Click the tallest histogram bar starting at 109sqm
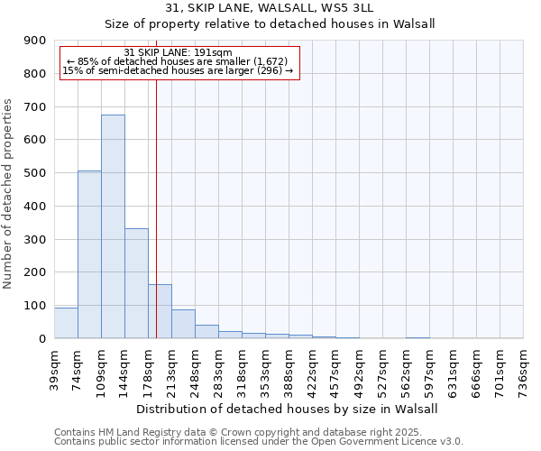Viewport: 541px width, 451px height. (113, 226)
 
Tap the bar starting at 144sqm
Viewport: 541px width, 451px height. (136, 283)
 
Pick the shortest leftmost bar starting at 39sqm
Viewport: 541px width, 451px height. (66, 323)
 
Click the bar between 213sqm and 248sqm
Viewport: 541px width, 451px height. (183, 324)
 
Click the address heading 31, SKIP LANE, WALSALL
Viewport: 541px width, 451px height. (270, 8)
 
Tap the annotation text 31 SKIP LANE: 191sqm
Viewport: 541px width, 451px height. (178, 52)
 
